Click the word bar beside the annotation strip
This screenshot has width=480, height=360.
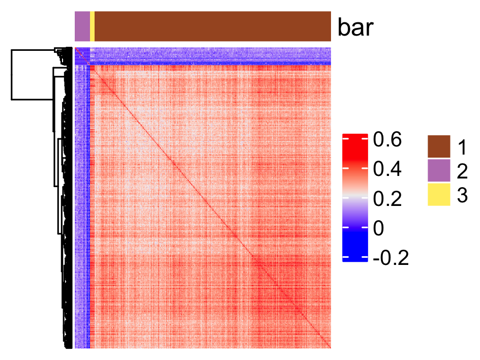pyautogui.click(x=356, y=28)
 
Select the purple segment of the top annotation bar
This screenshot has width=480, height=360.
pyautogui.click(x=82, y=26)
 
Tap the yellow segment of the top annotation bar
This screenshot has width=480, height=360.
pyautogui.click(x=92, y=26)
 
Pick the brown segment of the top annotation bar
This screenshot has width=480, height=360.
pyautogui.click(x=213, y=26)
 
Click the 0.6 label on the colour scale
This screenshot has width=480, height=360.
pyautogui.click(x=387, y=139)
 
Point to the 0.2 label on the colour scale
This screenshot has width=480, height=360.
pyautogui.click(x=387, y=199)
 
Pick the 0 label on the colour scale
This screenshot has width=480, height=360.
pyautogui.click(x=378, y=228)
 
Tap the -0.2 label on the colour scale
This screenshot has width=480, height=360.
pyautogui.click(x=391, y=258)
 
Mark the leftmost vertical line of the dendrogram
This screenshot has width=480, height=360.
pyautogui.click(x=12, y=74)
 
